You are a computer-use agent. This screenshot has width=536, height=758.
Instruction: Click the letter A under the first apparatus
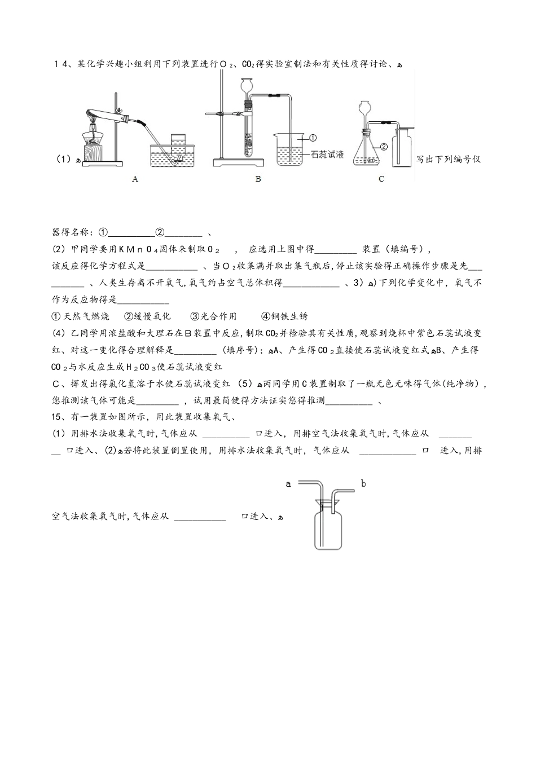(x=135, y=179)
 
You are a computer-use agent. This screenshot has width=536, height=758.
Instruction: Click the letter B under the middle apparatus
(x=258, y=179)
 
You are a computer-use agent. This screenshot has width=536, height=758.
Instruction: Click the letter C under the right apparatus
(x=381, y=179)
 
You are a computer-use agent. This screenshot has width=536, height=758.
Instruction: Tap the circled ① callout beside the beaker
(x=314, y=137)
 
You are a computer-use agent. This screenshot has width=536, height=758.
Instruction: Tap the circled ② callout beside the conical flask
(x=384, y=147)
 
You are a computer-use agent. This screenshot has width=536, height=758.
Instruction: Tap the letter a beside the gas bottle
(x=288, y=483)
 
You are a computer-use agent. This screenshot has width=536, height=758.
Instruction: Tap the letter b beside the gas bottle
(x=363, y=483)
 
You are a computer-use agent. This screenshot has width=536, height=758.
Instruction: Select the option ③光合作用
(x=213, y=316)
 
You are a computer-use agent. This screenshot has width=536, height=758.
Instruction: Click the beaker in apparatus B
(x=289, y=148)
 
